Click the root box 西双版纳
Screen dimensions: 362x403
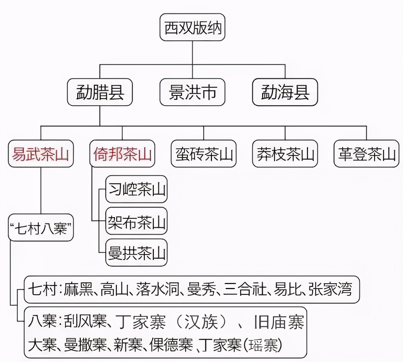(192, 28)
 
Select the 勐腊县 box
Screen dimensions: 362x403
(100, 92)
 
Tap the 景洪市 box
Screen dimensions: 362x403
(192, 92)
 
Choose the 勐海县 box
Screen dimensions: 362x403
(285, 92)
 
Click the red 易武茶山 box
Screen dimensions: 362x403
(41, 154)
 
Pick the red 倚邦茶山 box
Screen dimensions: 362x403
(122, 154)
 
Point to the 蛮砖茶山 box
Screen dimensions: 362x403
(204, 154)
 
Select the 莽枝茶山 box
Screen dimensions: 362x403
(285, 154)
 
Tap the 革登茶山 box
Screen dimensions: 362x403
(366, 154)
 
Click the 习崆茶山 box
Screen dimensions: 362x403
(136, 189)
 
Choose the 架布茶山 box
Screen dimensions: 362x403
(136, 221)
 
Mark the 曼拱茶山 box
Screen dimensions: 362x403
(136, 253)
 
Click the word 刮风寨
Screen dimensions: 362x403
(85, 322)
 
